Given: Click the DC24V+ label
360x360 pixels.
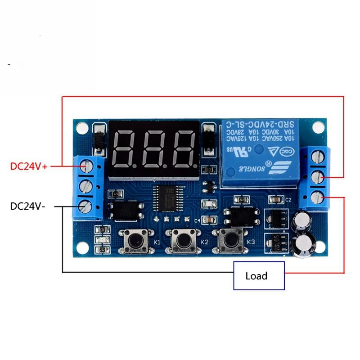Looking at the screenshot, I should pyautogui.click(x=29, y=166).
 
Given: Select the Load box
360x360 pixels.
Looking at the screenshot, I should pyautogui.click(x=259, y=275).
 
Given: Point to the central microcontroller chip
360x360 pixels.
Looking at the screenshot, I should pyautogui.click(x=165, y=198).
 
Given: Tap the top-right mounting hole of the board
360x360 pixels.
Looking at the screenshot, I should pyautogui.click(x=318, y=128).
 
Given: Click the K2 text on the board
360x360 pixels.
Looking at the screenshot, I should pyautogui.click(x=205, y=242).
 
